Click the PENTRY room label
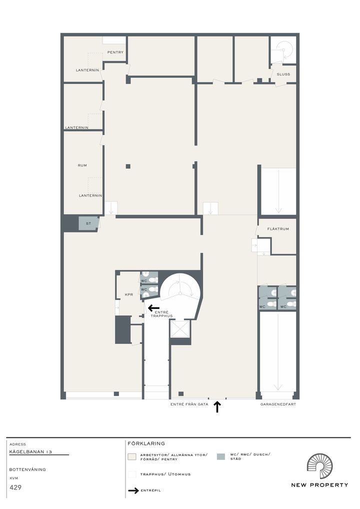pos(115,52)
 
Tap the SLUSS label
pos(283,74)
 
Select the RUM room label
pos(82,165)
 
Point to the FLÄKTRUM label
pos(278,229)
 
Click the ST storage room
pos(88,223)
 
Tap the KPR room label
pos(129,295)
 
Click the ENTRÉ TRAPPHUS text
pos(161,314)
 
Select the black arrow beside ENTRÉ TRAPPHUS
pos(153,307)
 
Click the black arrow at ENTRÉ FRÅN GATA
pos(217,407)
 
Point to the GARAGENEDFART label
pos(278,404)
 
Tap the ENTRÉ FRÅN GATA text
pos(189,404)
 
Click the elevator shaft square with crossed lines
pos(179,328)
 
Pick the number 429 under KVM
pos(15,487)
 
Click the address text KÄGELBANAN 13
pos(30,452)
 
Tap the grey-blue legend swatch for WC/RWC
pos(220,456)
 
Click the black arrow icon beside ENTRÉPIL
pos(133,490)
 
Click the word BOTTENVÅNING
pos(27,469)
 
